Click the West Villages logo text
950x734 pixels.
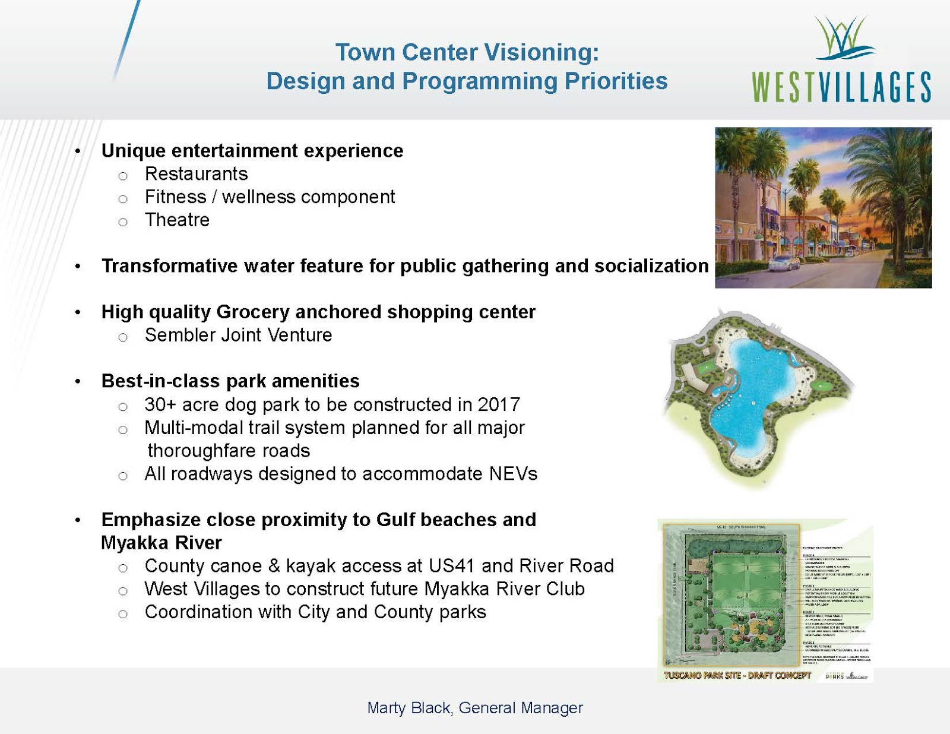tap(841, 88)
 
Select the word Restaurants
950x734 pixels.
tap(196, 174)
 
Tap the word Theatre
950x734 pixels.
tap(177, 220)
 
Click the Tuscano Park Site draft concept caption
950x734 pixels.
tap(737, 676)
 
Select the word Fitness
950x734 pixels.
tap(175, 197)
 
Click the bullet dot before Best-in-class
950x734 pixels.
tap(78, 382)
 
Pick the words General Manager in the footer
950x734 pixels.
tap(521, 708)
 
